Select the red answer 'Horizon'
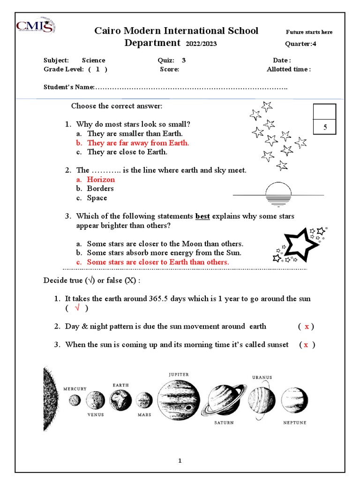click(101, 180)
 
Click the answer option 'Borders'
click(100, 188)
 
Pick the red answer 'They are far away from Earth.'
click(138, 143)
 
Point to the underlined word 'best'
click(202, 217)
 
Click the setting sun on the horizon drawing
click(278, 193)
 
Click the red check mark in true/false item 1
click(76, 308)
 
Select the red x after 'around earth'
click(307, 327)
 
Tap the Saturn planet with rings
click(224, 400)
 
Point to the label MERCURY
click(75, 389)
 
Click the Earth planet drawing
click(120, 400)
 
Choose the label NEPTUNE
click(295, 422)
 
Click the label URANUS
click(262, 377)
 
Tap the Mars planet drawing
click(144, 400)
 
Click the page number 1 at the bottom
click(180, 461)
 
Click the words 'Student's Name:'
click(69, 87)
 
